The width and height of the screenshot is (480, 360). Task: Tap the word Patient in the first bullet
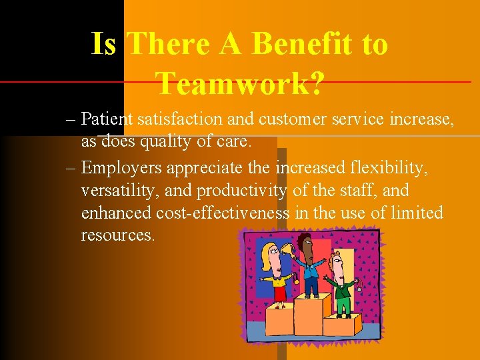(x=107, y=119)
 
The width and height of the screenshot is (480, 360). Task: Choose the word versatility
(x=120, y=191)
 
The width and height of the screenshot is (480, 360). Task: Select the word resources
(x=118, y=235)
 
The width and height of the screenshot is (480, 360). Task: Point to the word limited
(x=418, y=213)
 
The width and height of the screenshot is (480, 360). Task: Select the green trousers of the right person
(x=344, y=305)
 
